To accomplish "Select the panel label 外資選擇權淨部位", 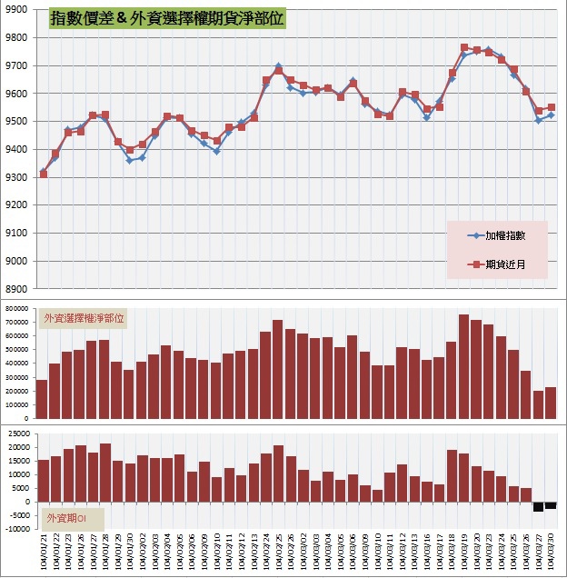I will (85, 318).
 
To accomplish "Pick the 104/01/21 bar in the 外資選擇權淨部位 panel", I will (42, 399).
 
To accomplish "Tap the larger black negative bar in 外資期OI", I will (538, 506).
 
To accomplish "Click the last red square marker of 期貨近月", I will (552, 107).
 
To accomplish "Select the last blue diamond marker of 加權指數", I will (551, 115).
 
